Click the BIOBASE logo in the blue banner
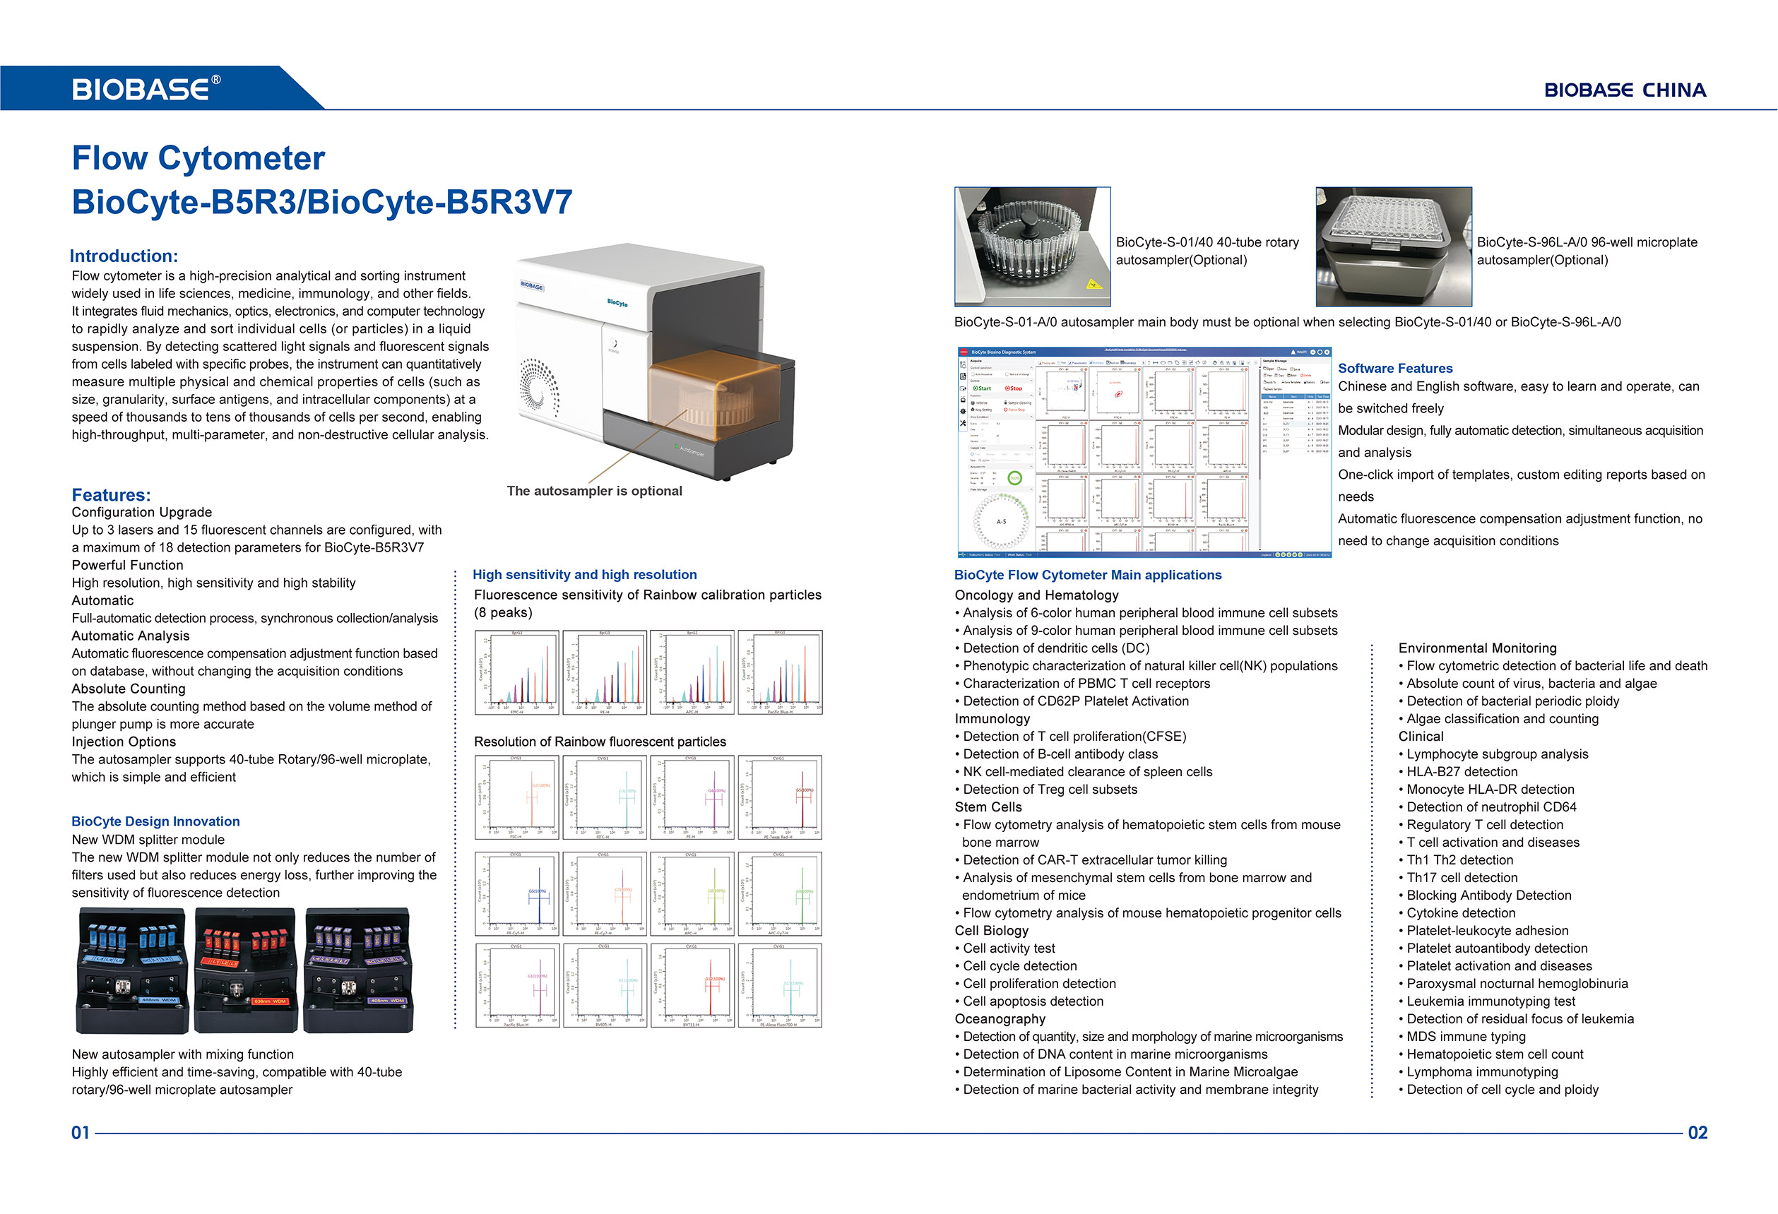point(146,89)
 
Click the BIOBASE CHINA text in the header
point(1624,90)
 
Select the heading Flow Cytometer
point(198,158)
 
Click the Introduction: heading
point(124,256)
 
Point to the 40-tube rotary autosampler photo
point(1032,246)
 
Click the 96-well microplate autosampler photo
point(1393,246)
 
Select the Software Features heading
point(1394,368)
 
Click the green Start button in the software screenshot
point(983,388)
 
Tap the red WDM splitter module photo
point(245,970)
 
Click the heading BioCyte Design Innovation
point(155,821)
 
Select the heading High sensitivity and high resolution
point(584,574)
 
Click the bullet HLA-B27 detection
point(1462,772)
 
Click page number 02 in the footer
point(1697,1133)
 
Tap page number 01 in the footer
point(81,1133)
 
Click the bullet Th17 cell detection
point(1462,877)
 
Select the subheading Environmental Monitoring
point(1476,648)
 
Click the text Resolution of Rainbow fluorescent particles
point(600,742)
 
